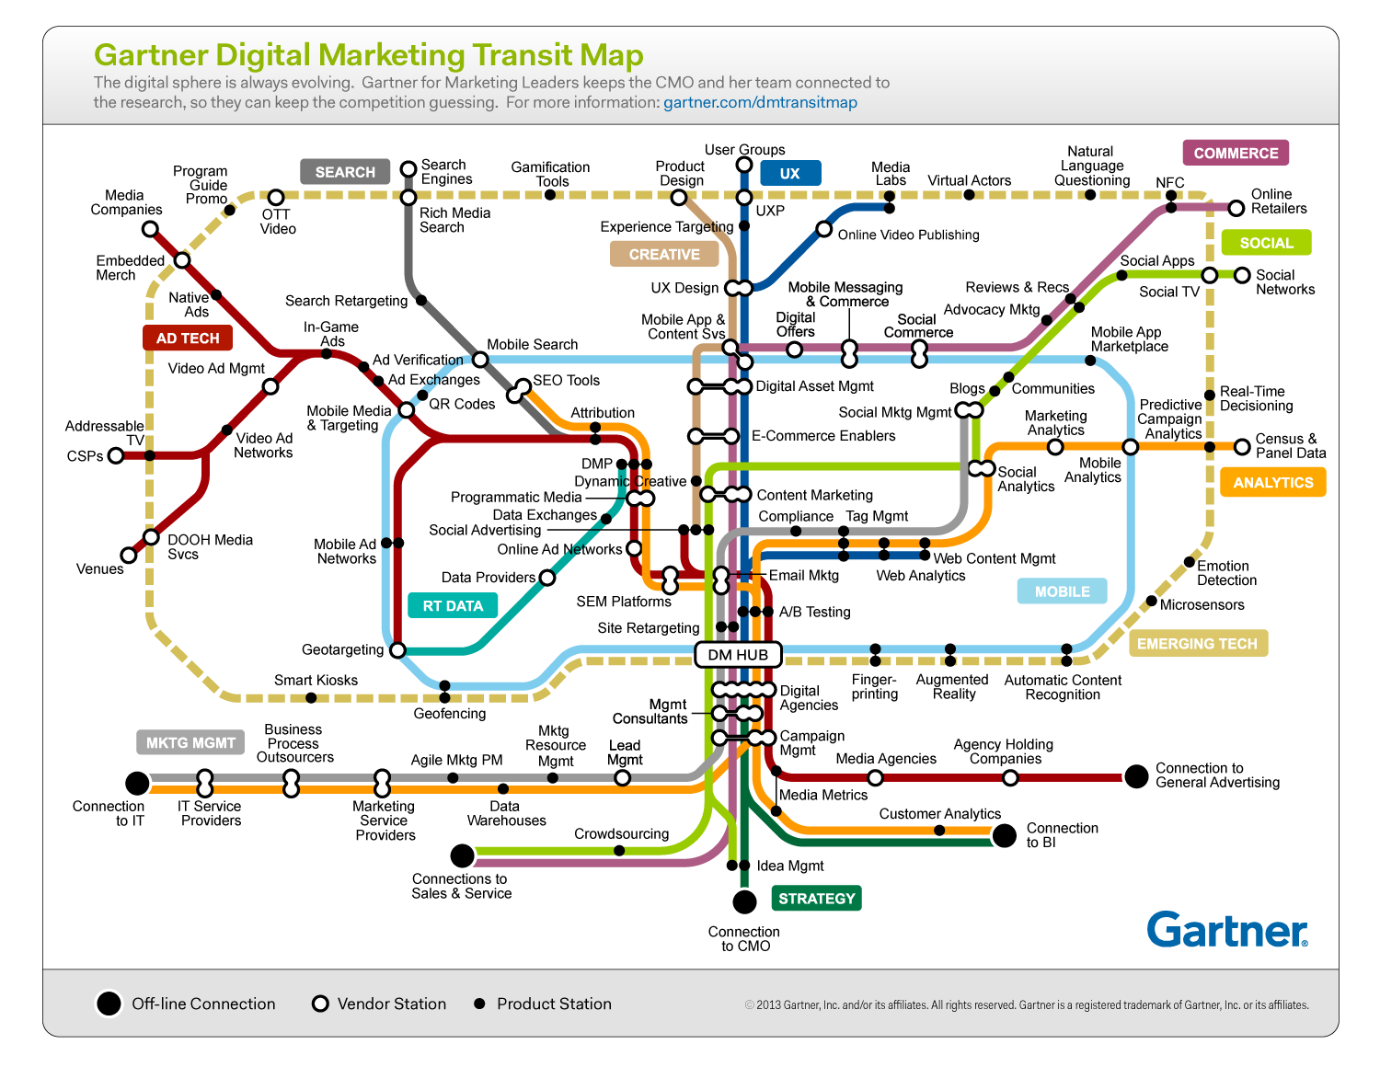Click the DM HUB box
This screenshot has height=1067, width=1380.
point(738,655)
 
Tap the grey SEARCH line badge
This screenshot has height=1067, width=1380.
point(345,172)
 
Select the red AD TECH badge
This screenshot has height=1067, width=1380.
point(188,338)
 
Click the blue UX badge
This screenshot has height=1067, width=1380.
point(790,173)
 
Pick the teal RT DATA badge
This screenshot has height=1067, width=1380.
point(453,605)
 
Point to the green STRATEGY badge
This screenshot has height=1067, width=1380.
point(816,899)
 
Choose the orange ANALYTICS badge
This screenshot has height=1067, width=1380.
point(1273,482)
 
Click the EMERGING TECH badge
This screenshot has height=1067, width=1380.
point(1197,644)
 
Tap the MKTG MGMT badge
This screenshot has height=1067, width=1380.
point(190,742)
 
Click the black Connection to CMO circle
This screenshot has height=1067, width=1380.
point(744,901)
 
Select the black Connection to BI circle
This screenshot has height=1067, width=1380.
point(1005,835)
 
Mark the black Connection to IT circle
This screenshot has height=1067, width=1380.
point(137,783)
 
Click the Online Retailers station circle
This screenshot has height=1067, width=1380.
point(1236,208)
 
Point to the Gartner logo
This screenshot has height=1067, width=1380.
point(1227,930)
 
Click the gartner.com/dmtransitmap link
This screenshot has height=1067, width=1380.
point(760,102)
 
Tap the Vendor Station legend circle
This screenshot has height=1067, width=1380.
point(320,1004)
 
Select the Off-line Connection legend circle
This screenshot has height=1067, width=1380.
point(109,1004)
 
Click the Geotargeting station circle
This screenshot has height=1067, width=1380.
point(397,650)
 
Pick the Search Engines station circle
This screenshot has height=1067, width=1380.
point(408,169)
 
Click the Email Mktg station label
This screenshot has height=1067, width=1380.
point(803,576)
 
